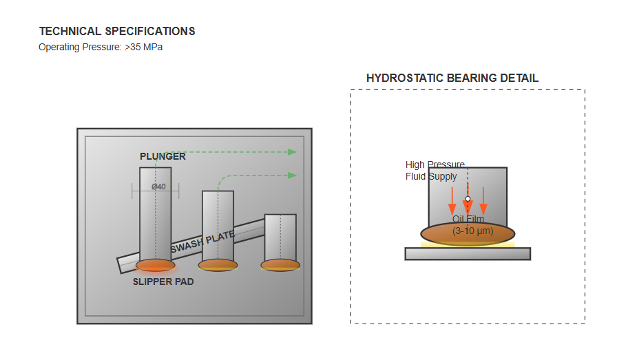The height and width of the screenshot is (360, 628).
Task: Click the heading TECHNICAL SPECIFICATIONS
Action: [117, 32]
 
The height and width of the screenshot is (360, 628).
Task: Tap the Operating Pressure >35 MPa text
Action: [101, 47]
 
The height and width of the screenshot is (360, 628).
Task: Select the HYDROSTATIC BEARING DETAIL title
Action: [452, 78]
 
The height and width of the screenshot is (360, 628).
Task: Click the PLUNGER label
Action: [163, 156]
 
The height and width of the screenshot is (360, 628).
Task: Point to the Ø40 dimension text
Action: [159, 187]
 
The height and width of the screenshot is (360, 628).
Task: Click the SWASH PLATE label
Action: [202, 241]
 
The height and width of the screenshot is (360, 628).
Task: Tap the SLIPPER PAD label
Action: [163, 282]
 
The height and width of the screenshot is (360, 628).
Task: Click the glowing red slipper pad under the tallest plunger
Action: [156, 265]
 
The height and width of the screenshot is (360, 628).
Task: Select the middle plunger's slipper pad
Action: [218, 265]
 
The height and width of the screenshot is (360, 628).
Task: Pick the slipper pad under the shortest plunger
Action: [280, 265]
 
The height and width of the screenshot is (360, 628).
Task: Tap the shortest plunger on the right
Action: [280, 236]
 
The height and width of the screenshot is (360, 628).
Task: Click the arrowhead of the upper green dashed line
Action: [293, 152]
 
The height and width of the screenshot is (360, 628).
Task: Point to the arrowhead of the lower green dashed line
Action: [293, 176]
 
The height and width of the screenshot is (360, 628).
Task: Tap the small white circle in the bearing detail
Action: [468, 199]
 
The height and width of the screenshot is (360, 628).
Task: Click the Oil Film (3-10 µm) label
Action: [468, 225]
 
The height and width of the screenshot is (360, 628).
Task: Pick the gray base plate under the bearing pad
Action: [468, 254]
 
